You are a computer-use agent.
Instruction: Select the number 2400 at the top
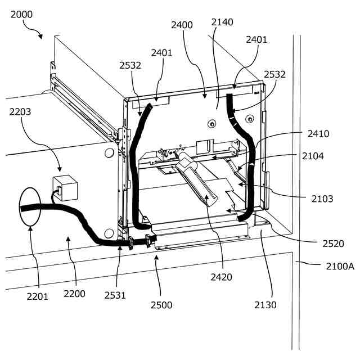[x=182, y=25]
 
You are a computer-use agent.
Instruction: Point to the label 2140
[x=222, y=22]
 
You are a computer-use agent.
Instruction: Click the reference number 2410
[x=318, y=134]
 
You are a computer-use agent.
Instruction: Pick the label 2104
[x=313, y=156]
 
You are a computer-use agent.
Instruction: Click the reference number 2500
[x=161, y=305]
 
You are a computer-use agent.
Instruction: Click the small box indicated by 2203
[x=65, y=187]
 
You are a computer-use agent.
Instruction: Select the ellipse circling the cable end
[x=29, y=206]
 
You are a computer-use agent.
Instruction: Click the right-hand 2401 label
[x=256, y=39]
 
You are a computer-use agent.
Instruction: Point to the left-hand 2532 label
[x=130, y=65]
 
